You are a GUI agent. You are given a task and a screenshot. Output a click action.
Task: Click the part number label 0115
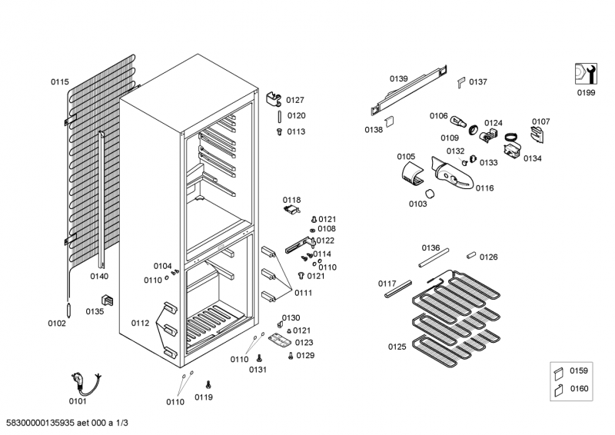59,82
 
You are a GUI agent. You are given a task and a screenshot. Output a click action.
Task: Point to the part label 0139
398,78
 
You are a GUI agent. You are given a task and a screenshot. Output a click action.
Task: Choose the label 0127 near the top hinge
295,100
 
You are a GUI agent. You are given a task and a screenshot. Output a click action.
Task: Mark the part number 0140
99,276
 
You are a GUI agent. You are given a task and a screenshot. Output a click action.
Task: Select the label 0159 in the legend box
578,371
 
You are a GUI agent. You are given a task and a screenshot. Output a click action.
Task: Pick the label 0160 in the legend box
578,390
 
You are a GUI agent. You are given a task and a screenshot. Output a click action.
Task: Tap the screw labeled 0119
208,383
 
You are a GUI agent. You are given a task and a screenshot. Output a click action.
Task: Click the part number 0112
140,324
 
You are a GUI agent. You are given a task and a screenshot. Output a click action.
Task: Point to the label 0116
484,188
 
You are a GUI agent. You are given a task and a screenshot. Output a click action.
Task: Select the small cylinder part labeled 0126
472,253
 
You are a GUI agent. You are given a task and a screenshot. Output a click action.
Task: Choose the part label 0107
540,121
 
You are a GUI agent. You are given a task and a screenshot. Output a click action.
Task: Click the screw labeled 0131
259,357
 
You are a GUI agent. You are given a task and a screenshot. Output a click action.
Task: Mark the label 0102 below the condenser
57,324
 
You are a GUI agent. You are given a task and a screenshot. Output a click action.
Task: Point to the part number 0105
406,157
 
